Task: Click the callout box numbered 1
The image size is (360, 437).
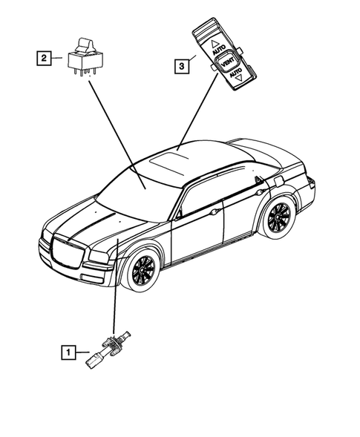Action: click(x=69, y=352)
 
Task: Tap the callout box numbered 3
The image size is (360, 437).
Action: click(x=180, y=66)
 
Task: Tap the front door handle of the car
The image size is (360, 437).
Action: click(x=215, y=212)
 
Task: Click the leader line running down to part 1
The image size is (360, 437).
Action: click(x=115, y=289)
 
